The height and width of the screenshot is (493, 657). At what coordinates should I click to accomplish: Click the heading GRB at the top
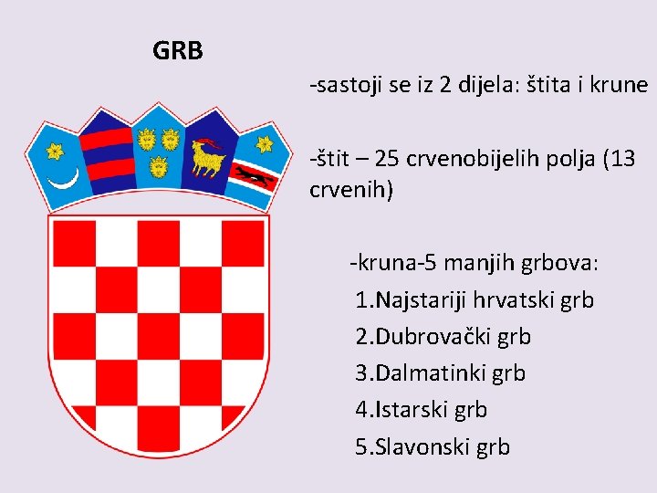[x=178, y=51]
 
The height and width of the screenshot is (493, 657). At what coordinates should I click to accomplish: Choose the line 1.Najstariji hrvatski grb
[x=474, y=299]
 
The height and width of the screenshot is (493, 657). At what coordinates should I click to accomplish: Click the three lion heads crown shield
[x=157, y=151]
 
